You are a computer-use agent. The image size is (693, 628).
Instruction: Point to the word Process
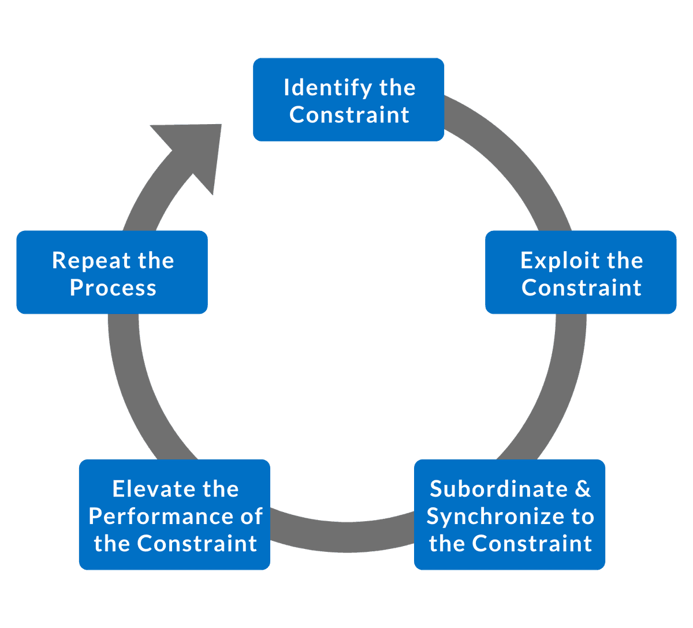pyautogui.click(x=113, y=287)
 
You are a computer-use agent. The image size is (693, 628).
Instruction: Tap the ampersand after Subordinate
pyautogui.click(x=582, y=489)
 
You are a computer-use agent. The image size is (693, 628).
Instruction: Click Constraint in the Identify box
pyautogui.click(x=349, y=114)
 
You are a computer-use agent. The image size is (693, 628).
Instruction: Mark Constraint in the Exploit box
pyautogui.click(x=582, y=287)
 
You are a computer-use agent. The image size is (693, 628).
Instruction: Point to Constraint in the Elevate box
pyautogui.click(x=197, y=543)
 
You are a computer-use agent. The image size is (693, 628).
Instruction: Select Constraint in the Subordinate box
pyautogui.click(x=532, y=543)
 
